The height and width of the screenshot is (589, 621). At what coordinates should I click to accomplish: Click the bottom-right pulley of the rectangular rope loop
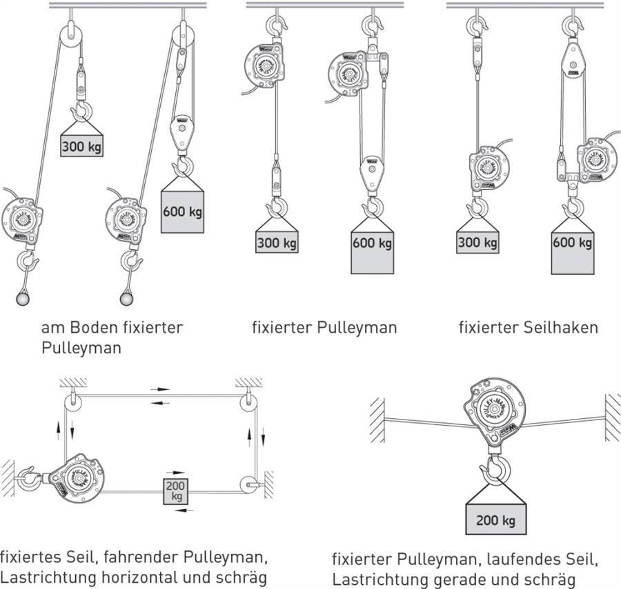coord(246,485)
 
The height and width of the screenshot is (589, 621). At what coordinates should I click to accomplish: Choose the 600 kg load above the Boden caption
coord(182,211)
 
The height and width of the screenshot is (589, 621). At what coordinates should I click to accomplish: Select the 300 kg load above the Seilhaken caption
coord(477,242)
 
